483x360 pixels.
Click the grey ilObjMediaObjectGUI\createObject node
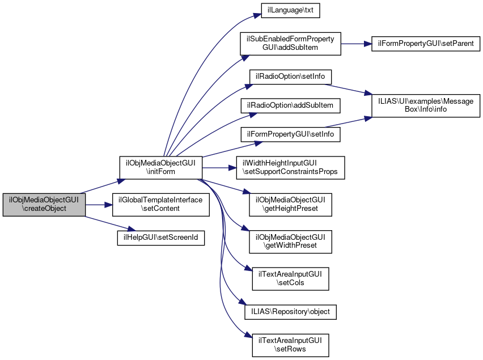(x=44, y=204)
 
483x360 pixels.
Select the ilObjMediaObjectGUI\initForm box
(x=160, y=167)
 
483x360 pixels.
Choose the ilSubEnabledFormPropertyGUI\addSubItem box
(x=290, y=44)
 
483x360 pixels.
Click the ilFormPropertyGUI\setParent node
(x=426, y=44)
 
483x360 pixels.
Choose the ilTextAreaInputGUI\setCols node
(x=290, y=278)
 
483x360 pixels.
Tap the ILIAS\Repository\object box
(x=290, y=312)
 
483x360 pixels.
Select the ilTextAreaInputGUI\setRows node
(x=290, y=345)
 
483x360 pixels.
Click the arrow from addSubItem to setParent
(x=355, y=44)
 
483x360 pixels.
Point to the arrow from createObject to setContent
(x=99, y=204)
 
